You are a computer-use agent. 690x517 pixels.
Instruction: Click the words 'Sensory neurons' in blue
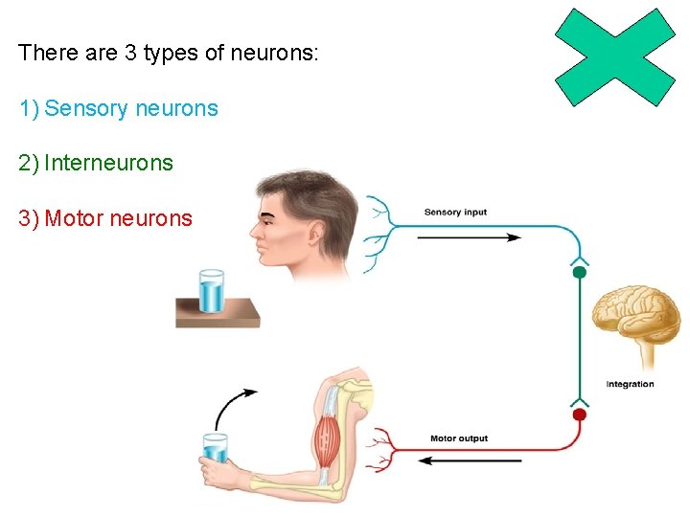coord(131,108)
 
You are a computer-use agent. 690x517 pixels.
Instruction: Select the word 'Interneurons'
coord(108,163)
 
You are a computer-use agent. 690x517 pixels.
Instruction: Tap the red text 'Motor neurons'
coord(118,218)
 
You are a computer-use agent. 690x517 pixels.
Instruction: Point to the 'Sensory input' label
coord(455,212)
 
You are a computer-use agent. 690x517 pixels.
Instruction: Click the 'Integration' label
coord(630,384)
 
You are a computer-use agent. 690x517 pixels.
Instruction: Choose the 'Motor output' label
coord(458,438)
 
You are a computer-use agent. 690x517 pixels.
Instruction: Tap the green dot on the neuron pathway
coord(579,273)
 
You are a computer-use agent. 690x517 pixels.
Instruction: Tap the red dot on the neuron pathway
coord(579,415)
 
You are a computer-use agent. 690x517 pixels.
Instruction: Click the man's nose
coord(253,231)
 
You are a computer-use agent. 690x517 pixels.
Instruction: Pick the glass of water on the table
coord(211,290)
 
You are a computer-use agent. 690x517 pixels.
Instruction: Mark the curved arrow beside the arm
coord(230,407)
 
